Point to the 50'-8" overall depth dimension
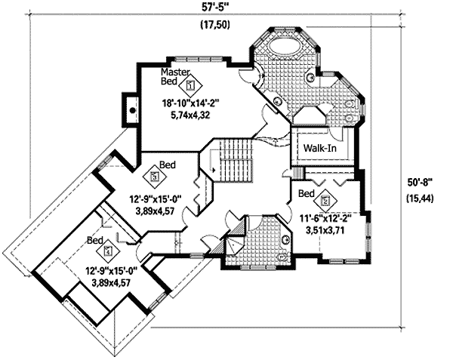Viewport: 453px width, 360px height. point(418,183)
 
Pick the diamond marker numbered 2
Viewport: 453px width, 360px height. point(325,201)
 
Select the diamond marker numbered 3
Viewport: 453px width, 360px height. point(156,177)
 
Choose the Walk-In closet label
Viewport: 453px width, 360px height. point(320,148)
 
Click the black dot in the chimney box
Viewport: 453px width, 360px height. point(133,110)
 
